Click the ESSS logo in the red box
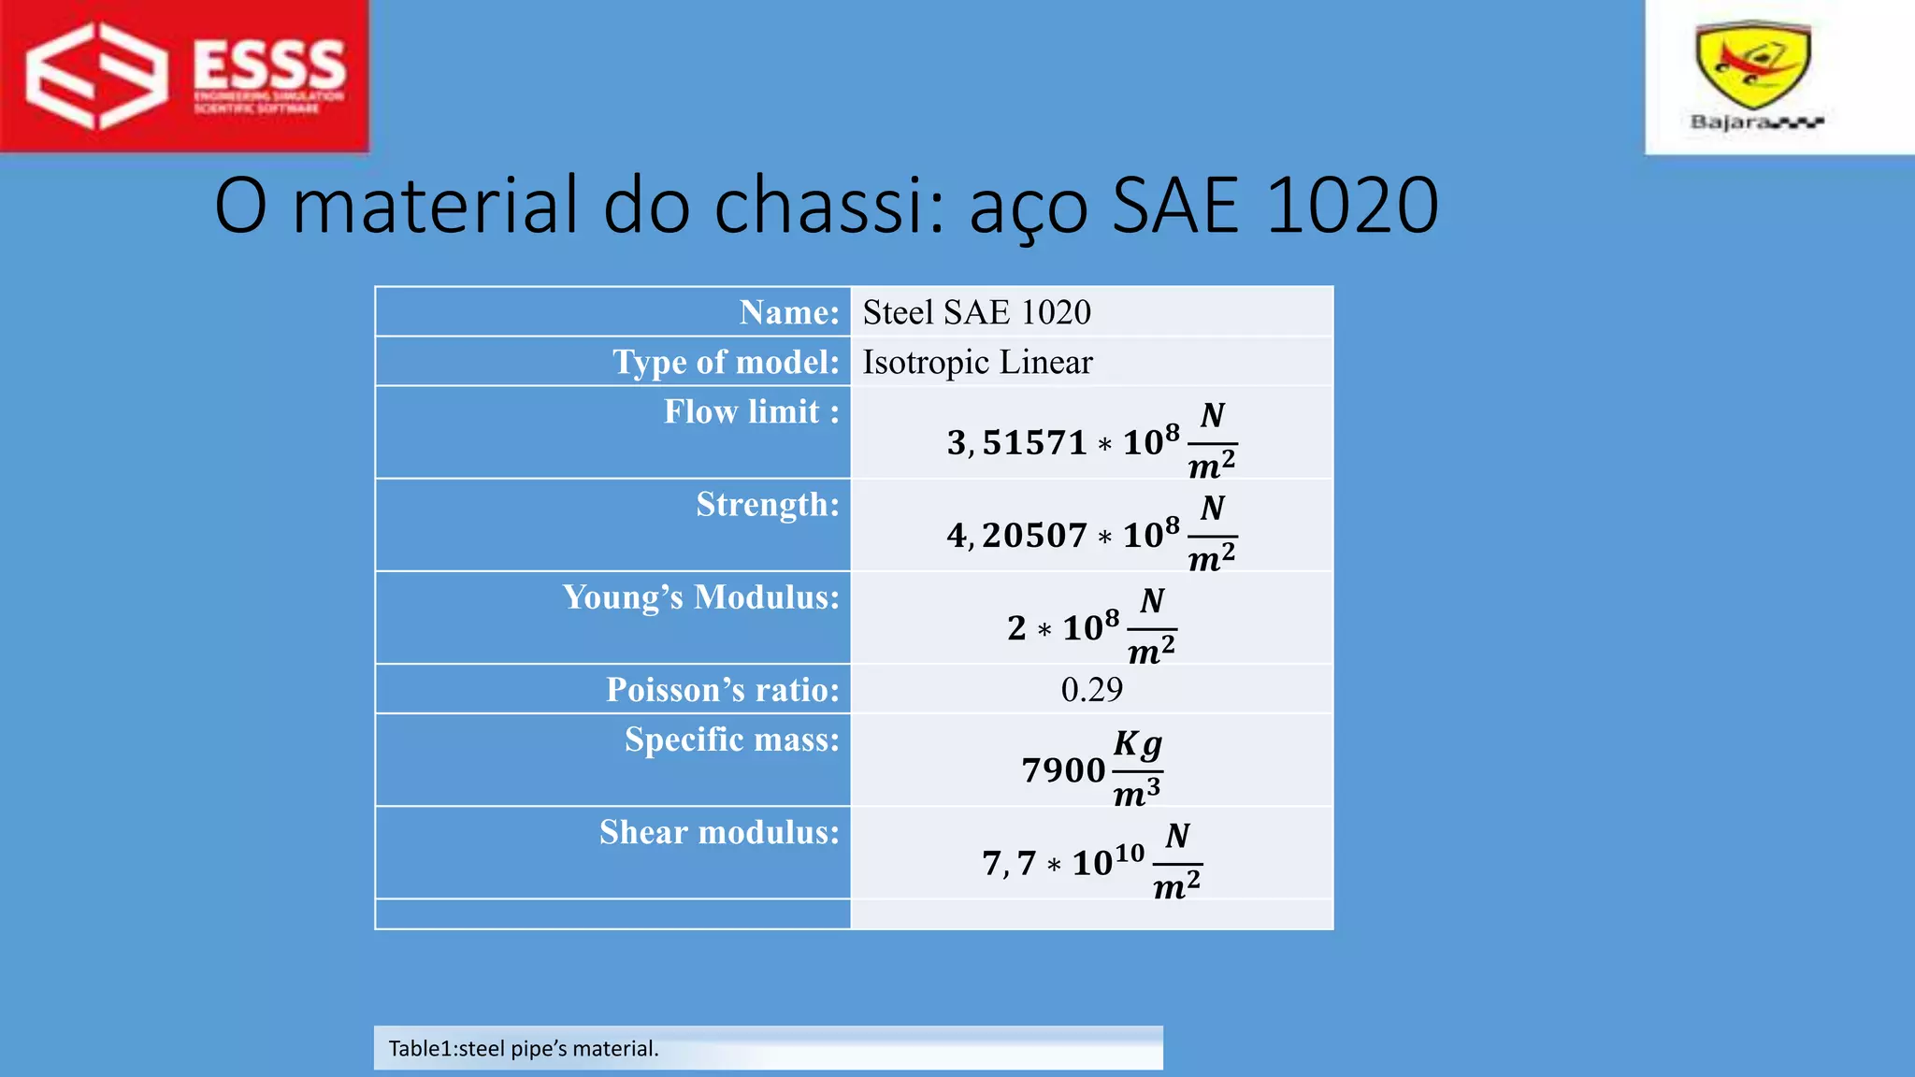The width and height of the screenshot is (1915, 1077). click(185, 75)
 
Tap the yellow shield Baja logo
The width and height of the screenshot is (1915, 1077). click(1753, 65)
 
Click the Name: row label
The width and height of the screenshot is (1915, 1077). click(789, 312)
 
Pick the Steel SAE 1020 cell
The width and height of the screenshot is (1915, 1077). click(976, 312)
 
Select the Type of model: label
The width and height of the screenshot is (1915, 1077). click(726, 362)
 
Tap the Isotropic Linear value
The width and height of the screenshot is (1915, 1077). click(977, 362)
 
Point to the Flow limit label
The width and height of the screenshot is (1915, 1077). click(751, 411)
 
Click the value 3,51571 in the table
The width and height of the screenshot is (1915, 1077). click(1016, 442)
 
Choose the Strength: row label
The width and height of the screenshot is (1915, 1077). click(768, 505)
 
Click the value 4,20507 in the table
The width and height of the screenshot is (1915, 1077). click(1016, 536)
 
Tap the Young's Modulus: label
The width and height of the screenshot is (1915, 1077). click(701, 597)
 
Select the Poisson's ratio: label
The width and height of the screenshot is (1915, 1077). click(723, 690)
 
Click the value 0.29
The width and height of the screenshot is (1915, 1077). click(1091, 690)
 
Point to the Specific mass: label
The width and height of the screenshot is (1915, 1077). click(732, 740)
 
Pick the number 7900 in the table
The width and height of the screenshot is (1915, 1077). click(1063, 770)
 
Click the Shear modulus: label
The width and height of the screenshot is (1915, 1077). click(719, 832)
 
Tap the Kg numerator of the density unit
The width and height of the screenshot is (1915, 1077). click(1137, 745)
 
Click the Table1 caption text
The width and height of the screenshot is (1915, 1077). click(524, 1048)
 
